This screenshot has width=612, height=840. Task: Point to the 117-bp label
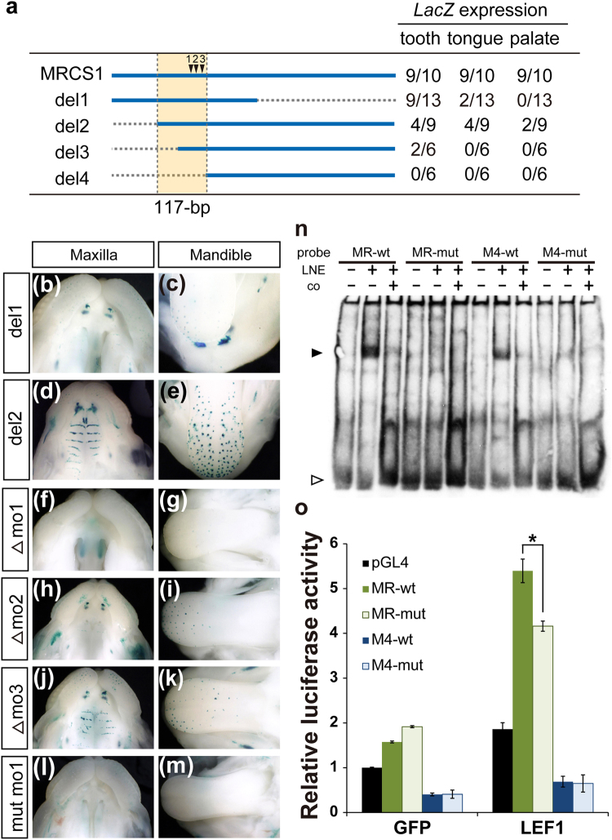[181, 207]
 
